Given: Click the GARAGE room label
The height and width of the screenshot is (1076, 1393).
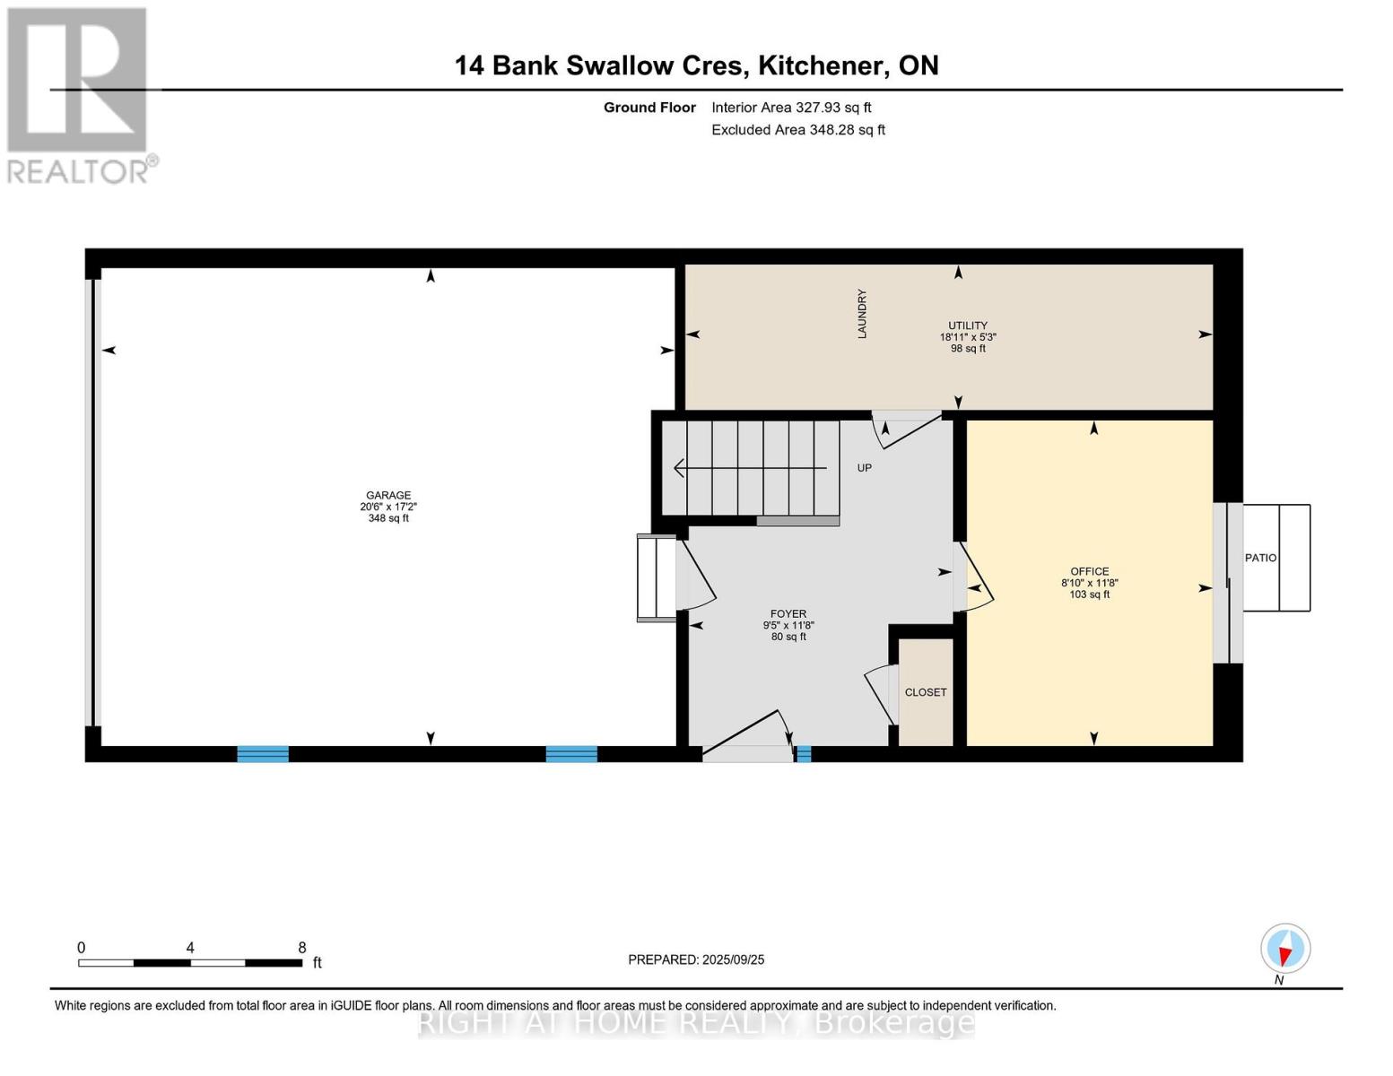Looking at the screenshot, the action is tap(387, 495).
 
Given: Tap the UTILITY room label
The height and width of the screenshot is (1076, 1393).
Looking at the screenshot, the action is tap(968, 325).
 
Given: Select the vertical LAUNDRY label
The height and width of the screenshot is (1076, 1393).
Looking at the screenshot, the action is tap(862, 313).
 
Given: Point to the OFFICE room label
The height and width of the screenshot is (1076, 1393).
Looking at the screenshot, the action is tap(1089, 571).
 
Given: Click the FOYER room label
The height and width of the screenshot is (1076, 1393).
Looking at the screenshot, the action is tap(788, 613).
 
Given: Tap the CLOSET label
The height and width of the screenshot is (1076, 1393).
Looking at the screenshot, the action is tap(926, 692).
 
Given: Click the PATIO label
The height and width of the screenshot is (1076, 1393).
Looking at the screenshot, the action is tap(1260, 558).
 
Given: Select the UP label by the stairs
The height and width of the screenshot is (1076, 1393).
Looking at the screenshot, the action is tap(864, 468).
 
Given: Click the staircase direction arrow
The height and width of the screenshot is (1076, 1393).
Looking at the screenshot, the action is tap(750, 468).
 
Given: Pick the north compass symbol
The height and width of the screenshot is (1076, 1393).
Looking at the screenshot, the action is tap(1285, 949).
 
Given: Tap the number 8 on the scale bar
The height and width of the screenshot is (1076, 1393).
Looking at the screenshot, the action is tap(302, 947).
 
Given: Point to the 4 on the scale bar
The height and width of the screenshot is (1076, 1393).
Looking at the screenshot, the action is tap(190, 947).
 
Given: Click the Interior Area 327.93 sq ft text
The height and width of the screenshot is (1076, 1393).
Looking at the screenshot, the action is tap(791, 108).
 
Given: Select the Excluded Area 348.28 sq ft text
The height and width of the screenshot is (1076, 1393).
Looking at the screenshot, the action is tap(798, 129).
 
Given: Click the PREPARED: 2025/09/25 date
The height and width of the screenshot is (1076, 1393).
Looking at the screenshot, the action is tap(696, 959).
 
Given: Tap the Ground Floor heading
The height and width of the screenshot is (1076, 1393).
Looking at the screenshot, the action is tap(649, 108).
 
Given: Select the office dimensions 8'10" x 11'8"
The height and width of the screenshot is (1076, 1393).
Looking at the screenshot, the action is tap(1089, 583).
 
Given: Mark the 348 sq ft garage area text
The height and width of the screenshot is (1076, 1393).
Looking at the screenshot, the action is tap(387, 517).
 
